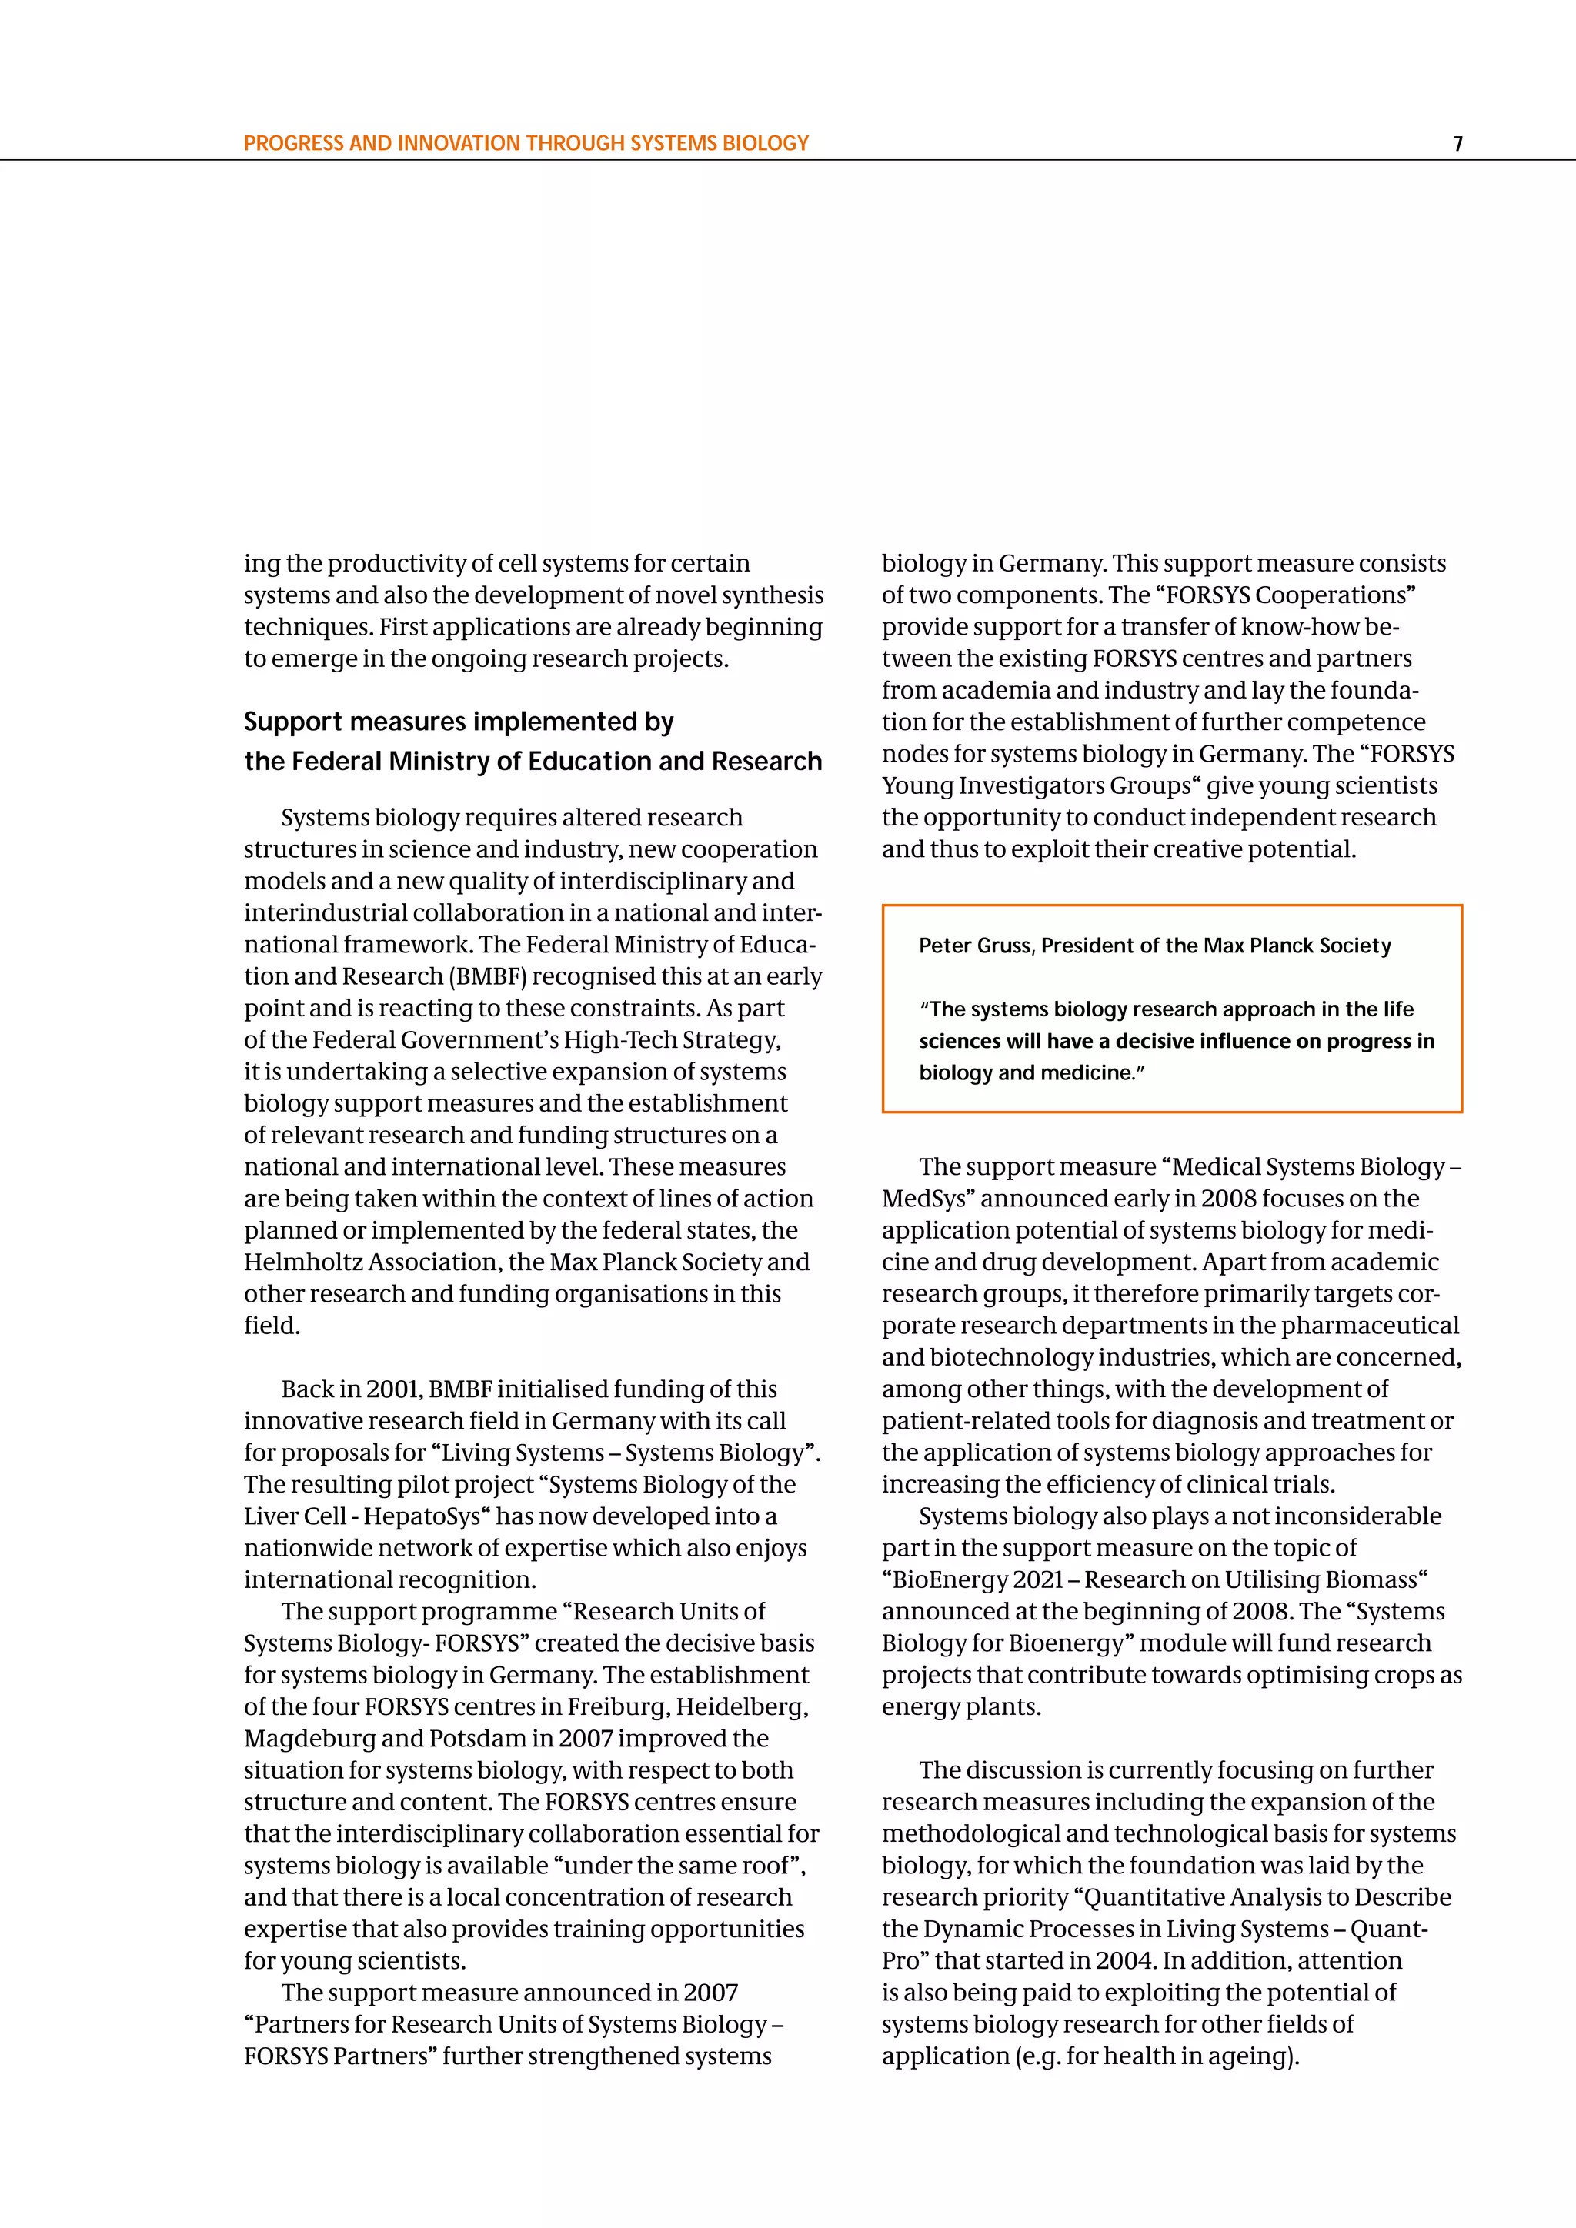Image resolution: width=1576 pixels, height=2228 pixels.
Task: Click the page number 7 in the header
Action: pos(1457,144)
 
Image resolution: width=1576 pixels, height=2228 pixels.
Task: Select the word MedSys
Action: pos(924,1199)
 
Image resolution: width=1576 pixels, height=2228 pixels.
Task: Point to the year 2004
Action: pos(1124,1960)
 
